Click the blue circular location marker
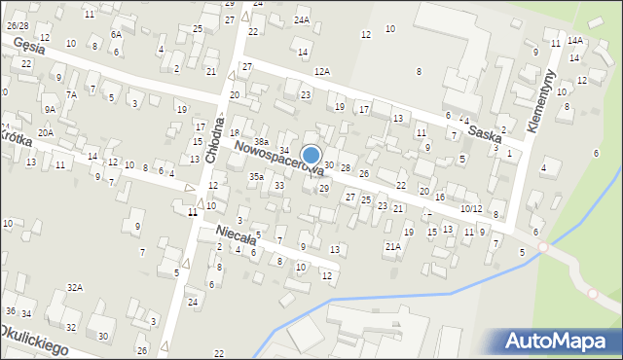coord(311,156)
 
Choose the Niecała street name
coord(235,235)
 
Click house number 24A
coord(302,19)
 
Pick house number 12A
coord(322,72)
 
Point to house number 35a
coord(256,177)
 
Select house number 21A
coord(392,247)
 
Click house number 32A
coord(75,287)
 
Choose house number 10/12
coord(471,209)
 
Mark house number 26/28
coord(18,25)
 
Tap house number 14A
coord(575,40)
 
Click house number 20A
coord(45,132)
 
